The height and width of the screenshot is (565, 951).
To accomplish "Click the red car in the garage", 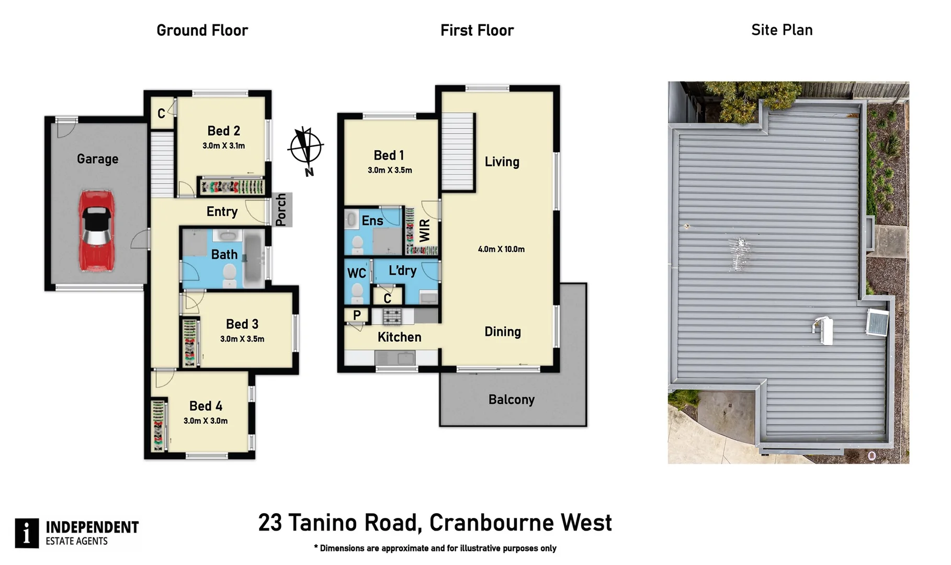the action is (x=97, y=231).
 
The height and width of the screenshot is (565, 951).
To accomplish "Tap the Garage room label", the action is (x=97, y=159).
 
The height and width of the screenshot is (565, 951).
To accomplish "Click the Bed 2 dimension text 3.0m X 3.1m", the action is (x=224, y=146).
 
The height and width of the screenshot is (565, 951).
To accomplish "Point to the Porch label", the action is (x=281, y=210).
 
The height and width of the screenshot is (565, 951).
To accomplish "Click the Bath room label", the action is (x=224, y=255).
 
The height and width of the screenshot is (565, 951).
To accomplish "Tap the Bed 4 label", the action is (x=206, y=406).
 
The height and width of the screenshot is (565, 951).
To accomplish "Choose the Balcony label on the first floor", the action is (x=512, y=400).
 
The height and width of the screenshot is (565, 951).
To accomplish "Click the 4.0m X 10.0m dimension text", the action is (x=501, y=250).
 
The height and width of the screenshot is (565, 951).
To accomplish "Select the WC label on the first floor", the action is (x=357, y=273).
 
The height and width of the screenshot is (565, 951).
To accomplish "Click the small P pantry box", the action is (x=357, y=315).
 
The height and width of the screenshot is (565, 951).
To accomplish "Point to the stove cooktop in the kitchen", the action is (x=393, y=316).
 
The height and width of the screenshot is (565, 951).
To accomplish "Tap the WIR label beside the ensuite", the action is (x=424, y=231).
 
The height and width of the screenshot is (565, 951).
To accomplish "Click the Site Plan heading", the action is (x=782, y=30).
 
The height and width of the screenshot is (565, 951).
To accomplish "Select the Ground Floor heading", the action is (x=202, y=30).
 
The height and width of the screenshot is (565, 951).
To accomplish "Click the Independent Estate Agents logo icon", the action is (x=27, y=534).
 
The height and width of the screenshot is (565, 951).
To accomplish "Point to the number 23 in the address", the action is (x=270, y=523).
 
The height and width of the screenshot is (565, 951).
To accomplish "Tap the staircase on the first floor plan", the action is (x=458, y=152).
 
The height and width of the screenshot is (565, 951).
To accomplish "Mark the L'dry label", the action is (x=402, y=271).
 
